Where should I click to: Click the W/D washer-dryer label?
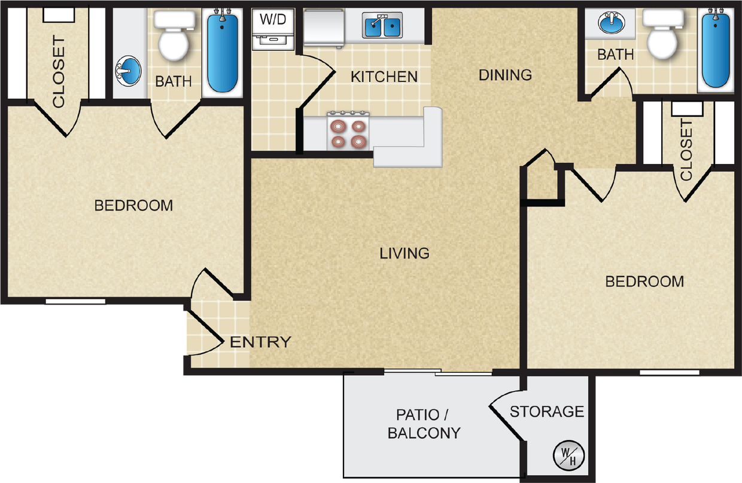tap(273, 19)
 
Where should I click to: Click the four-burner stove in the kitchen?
tap(348, 132)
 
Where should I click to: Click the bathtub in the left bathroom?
tap(222, 53)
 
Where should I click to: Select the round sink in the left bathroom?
tap(127, 71)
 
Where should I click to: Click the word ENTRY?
tap(260, 342)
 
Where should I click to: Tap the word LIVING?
tap(405, 253)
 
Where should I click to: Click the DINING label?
tap(505, 75)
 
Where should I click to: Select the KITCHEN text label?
tap(384, 77)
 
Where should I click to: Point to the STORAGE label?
tap(546, 412)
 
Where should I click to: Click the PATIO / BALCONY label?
tap(424, 423)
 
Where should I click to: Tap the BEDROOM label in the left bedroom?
tap(133, 205)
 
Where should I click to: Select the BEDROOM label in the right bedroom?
tap(644, 281)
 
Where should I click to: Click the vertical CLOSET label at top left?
tap(58, 72)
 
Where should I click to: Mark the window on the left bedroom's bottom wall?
tap(75, 301)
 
